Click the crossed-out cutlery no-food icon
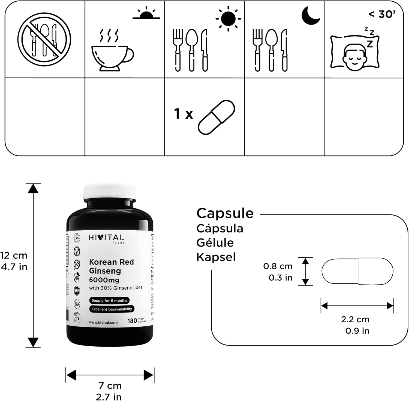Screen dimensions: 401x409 (44, 39)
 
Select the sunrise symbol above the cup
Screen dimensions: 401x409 (146, 14)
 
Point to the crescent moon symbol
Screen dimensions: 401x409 (311, 16)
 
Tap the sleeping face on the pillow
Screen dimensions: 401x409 (354, 53)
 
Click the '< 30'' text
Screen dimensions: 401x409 (382, 14)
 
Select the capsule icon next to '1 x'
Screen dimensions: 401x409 (216, 117)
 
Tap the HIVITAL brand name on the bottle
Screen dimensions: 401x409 (106, 238)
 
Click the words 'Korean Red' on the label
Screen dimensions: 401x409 (111, 262)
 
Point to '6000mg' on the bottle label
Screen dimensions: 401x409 (104, 280)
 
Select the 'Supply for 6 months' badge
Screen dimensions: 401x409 (109, 300)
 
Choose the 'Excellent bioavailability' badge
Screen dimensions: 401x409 (112, 309)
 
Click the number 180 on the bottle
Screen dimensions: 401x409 (132, 321)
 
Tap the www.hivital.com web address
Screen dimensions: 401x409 (103, 322)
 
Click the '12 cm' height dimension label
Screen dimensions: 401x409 (14, 255)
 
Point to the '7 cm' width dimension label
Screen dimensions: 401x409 (110, 385)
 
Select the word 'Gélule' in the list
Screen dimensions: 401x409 (215, 243)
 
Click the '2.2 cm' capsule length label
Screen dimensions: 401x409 (355, 319)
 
